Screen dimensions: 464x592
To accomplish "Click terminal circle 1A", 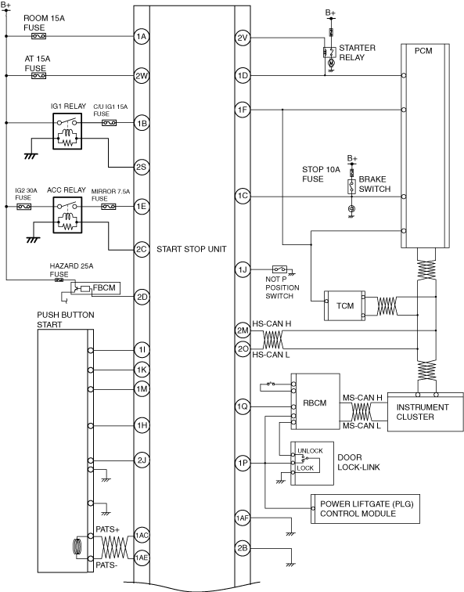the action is pos(142,37).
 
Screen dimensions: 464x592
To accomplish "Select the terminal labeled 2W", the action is pos(142,76).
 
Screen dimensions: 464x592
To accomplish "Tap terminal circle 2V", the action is pos(243,38).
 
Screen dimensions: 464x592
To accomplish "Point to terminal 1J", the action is pos(243,269).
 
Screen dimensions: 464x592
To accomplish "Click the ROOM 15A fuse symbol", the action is pos(38,37).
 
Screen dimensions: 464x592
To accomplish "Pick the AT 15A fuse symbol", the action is pos(38,76).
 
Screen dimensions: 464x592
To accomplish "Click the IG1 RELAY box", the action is pos(67,131).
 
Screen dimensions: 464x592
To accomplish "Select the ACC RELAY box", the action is pos(67,215).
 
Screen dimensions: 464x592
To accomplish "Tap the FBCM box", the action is pos(95,288).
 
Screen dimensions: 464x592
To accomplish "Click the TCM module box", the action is pos(344,306).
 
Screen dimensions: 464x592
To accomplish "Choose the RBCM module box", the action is pos(315,402).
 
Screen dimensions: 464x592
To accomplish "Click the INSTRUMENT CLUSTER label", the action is pos(423,412).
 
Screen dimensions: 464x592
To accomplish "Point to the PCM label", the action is pos(423,51).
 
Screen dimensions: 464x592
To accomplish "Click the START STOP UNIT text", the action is pos(192,249).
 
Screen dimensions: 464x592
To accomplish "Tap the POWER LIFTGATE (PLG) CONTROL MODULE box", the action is pos(365,509).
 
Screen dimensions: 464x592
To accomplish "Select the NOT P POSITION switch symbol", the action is pos(279,269).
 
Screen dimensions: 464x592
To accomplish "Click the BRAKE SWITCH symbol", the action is pos(351,187).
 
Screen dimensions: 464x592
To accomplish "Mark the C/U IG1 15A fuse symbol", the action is pos(109,123).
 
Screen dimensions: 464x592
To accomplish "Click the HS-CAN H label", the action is pos(272,324).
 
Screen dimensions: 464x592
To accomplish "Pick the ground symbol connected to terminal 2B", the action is pos(290,565).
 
